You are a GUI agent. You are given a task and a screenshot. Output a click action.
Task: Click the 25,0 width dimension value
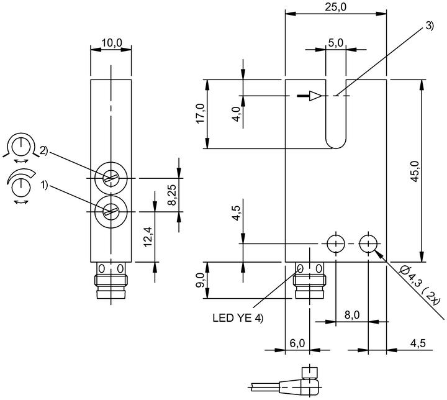(335, 7)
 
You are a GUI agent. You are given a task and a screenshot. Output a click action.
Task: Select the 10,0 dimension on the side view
(112, 43)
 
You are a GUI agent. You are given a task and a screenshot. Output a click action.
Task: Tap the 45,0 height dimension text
(415, 171)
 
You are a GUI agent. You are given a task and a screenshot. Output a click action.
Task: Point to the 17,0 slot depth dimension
(201, 113)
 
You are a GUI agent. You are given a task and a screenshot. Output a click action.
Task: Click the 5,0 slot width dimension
(335, 43)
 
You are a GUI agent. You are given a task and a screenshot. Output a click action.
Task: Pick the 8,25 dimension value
(172, 195)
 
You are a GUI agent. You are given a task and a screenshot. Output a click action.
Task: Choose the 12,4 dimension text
(148, 237)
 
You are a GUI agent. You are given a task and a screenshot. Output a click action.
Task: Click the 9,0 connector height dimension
(201, 280)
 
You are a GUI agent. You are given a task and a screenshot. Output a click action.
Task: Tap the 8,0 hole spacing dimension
(352, 315)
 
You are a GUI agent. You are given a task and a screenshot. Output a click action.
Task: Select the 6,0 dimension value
(297, 343)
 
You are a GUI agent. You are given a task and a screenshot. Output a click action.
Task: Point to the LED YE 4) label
(238, 318)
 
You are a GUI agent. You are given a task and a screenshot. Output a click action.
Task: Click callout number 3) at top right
(429, 25)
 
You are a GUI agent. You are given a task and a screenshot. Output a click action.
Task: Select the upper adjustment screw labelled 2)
(111, 179)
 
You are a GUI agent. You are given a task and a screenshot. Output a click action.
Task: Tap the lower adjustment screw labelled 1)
(111, 212)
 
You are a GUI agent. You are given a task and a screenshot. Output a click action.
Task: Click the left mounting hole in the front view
(335, 244)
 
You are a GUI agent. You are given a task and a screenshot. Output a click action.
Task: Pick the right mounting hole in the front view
(368, 244)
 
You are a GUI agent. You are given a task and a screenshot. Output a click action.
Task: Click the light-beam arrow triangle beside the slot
(315, 96)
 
